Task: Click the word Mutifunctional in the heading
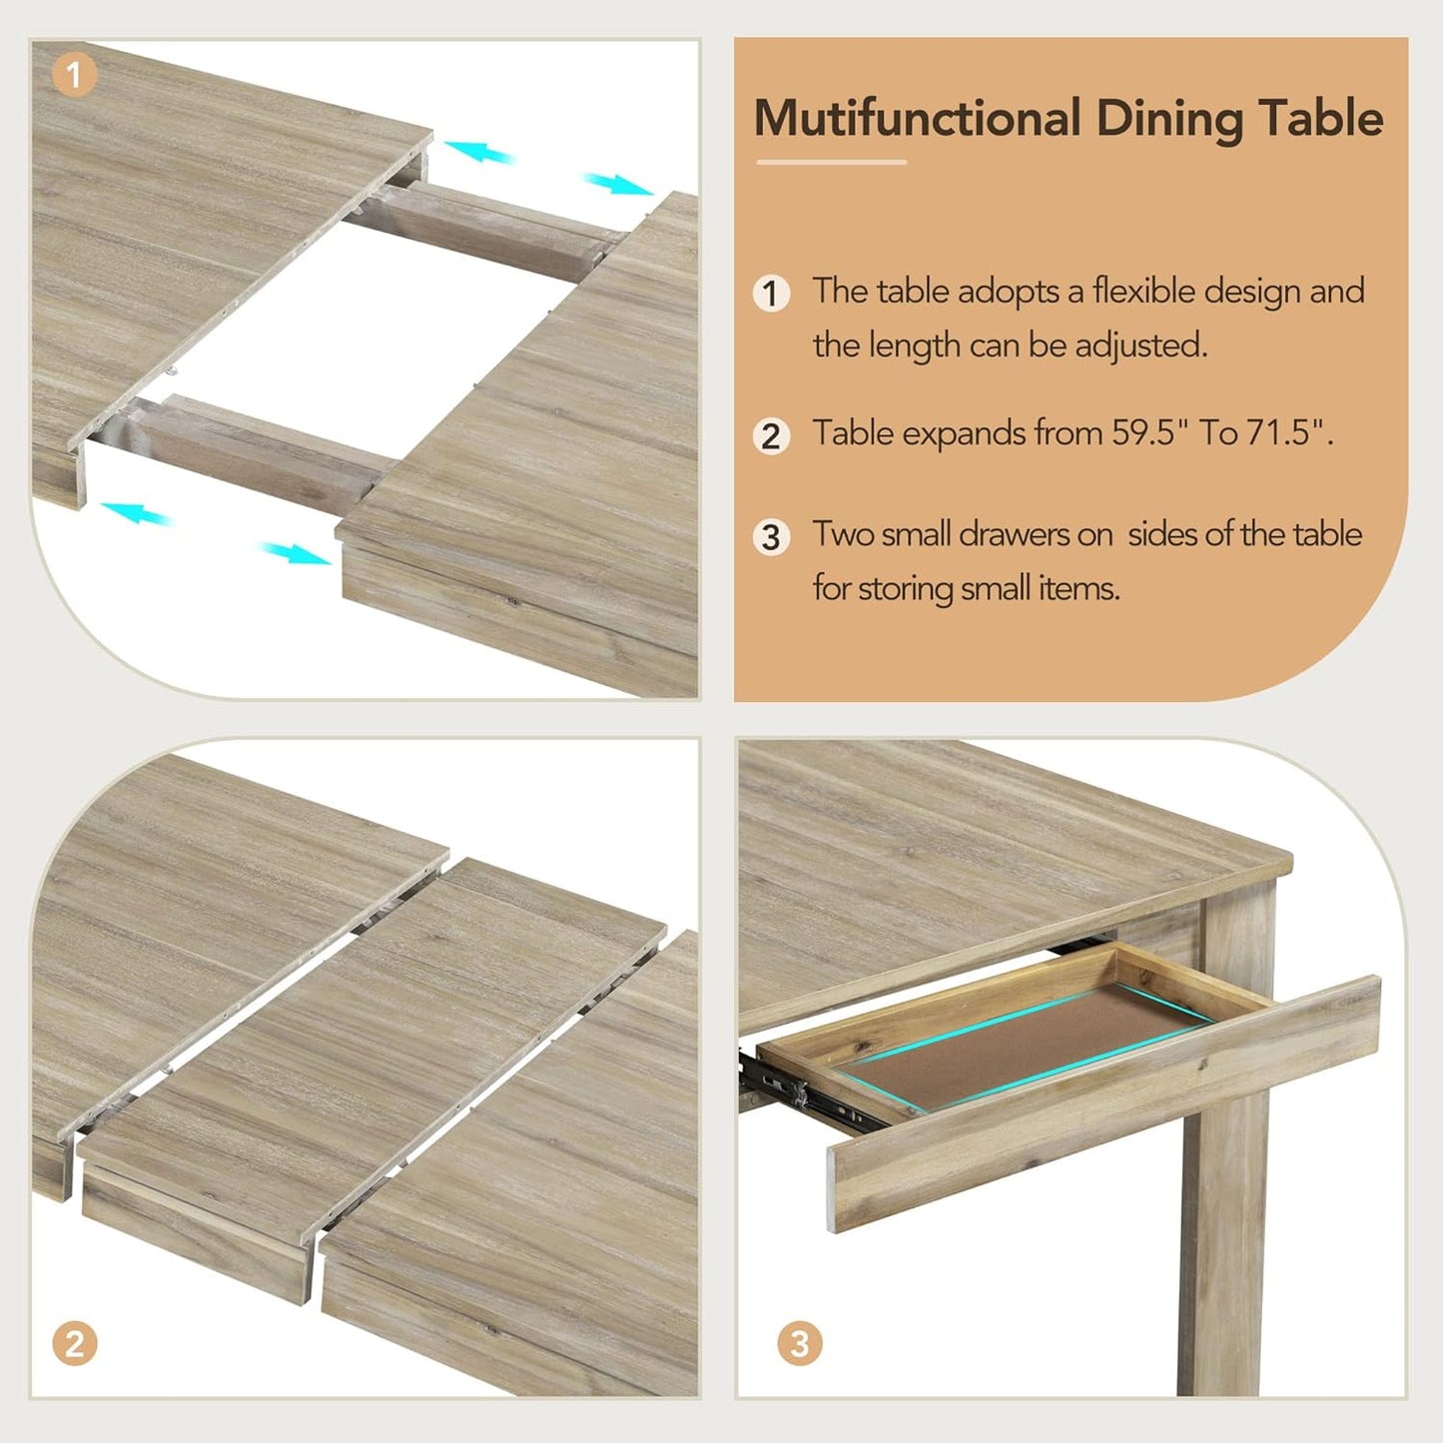click(x=917, y=118)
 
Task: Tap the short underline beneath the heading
click(x=831, y=162)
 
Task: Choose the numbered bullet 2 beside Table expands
click(x=771, y=436)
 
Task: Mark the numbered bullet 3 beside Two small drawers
click(x=771, y=537)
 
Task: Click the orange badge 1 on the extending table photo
click(x=74, y=75)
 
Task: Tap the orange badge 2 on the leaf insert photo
click(x=74, y=1343)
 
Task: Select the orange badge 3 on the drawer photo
click(x=800, y=1343)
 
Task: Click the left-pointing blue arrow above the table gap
click(x=479, y=153)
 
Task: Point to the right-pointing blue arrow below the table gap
click(x=295, y=552)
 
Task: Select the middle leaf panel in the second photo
click(x=369, y=1049)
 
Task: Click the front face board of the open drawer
click(x=1098, y=1108)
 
